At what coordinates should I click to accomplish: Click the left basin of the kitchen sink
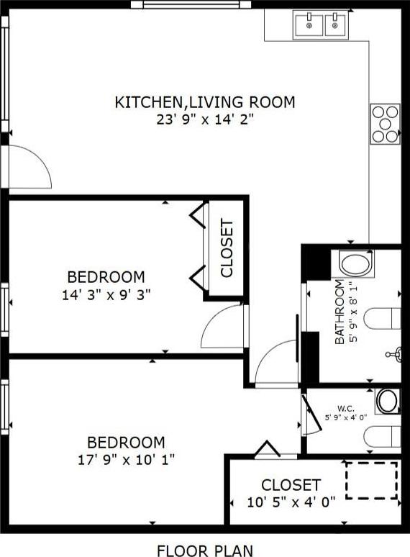[309, 25]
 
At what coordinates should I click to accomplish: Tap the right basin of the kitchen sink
[334, 25]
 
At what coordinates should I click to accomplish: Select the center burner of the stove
[385, 124]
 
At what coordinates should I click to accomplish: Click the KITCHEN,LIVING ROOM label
[205, 102]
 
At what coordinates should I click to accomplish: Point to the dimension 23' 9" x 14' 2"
[206, 119]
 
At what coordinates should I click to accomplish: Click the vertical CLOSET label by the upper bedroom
[227, 248]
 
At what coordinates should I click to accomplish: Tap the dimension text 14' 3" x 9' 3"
[106, 295]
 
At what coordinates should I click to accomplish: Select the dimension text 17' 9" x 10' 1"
[126, 461]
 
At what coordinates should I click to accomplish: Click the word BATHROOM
[340, 312]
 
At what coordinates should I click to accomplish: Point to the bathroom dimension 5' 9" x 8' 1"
[353, 312]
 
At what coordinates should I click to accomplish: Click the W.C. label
[346, 408]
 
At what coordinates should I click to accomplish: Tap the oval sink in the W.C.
[387, 401]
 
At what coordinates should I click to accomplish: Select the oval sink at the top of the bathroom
[355, 263]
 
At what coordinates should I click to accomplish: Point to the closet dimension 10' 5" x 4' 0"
[291, 502]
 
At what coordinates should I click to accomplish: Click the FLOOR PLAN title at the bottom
[205, 551]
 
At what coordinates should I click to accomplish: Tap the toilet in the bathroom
[383, 319]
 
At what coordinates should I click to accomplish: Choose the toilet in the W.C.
[383, 437]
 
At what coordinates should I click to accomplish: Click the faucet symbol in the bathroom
[394, 354]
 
